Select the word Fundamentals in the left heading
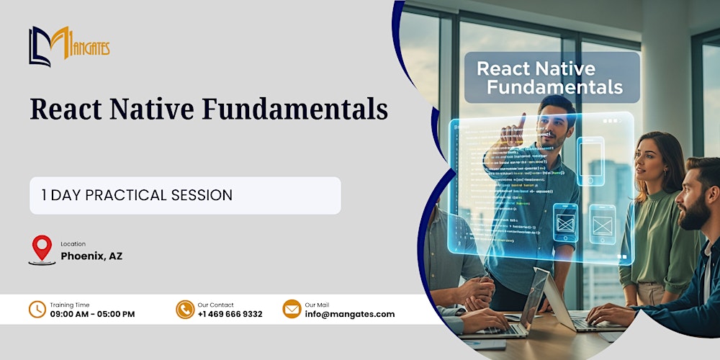(x=294, y=109)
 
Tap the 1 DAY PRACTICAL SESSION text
(x=138, y=195)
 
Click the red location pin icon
(x=42, y=248)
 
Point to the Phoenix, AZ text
(x=91, y=256)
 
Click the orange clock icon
(x=37, y=309)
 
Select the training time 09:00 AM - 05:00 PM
(x=92, y=314)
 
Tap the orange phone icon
(x=185, y=309)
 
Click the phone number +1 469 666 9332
(x=230, y=314)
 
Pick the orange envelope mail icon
(x=292, y=309)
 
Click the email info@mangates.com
(x=350, y=314)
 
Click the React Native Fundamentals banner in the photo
(x=552, y=78)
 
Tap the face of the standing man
(x=554, y=123)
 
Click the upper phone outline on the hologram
(x=590, y=159)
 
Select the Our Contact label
(x=215, y=305)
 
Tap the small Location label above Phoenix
(x=73, y=244)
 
